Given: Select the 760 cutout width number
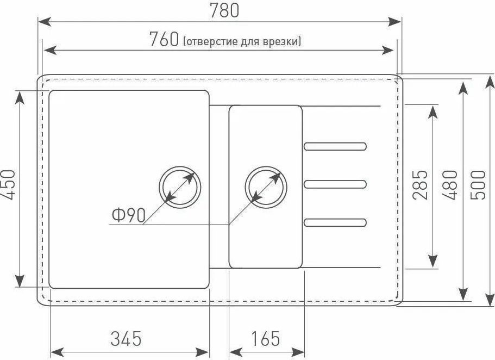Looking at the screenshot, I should pos(164,39).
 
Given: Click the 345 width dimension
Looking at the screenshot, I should pos(126,338).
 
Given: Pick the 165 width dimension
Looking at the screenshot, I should pos(265,338).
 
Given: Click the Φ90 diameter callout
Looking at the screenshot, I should pos(128,216).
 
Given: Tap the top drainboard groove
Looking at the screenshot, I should pos(335,146).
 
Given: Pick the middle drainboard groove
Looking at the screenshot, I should pos(335,183).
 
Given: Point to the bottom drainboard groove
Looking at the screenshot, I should pos(335,222).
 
